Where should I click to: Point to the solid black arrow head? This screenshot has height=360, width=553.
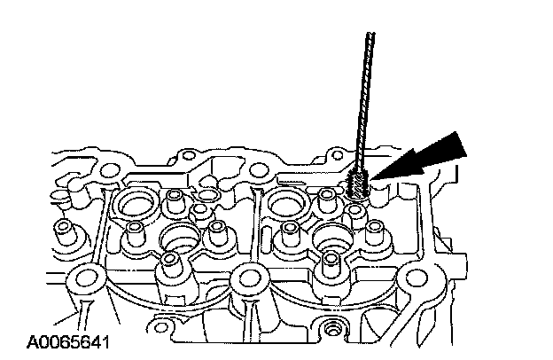pos(444,152)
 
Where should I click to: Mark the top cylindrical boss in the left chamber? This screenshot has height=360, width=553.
pos(174,200)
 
